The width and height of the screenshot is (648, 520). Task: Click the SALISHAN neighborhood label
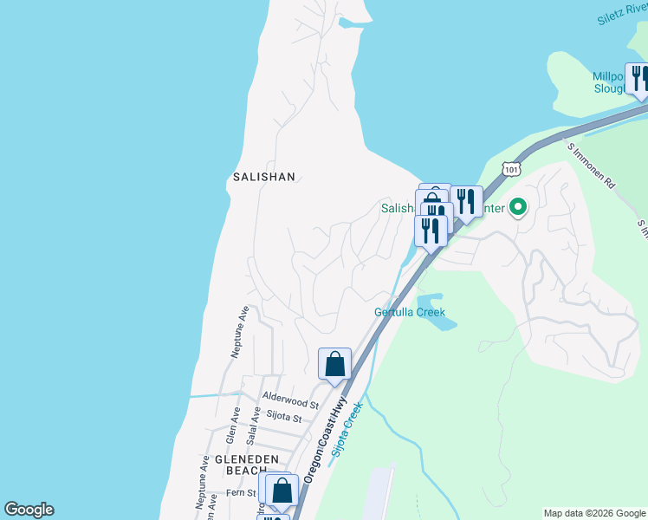coord(264,177)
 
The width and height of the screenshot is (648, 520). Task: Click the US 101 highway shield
coord(511,169)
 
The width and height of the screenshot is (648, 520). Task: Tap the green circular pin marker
coord(518,207)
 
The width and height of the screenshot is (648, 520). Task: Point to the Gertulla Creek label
coord(409,312)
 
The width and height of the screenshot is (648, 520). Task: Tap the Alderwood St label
coord(291,403)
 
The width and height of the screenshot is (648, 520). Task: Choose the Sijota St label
coord(284,418)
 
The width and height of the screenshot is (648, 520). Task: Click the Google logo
coord(29,510)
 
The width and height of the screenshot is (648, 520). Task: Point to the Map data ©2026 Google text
coord(593,513)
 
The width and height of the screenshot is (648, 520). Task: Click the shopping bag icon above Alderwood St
coord(335,365)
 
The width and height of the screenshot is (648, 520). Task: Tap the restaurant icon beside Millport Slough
coord(638,79)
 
